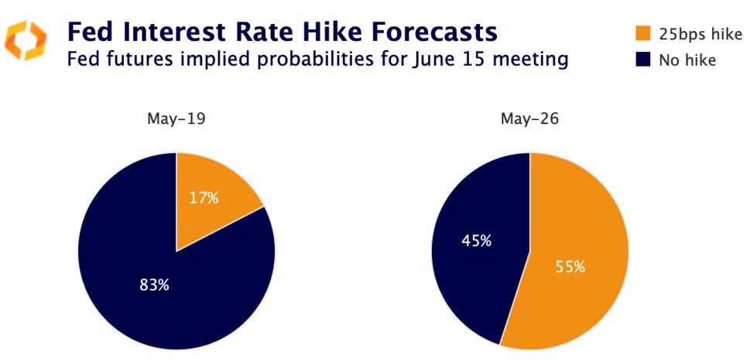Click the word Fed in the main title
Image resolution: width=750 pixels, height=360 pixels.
[88, 32]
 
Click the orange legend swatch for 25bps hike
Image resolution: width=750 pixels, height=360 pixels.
[642, 33]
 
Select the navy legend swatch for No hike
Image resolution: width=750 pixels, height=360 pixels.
[642, 60]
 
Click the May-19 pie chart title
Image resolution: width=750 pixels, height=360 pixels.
[176, 120]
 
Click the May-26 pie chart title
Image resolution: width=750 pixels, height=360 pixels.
[530, 120]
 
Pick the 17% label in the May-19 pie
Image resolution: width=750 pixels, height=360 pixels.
[204, 197]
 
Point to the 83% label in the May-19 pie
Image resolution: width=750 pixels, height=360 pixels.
[154, 285]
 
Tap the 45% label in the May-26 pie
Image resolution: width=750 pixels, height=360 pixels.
[476, 241]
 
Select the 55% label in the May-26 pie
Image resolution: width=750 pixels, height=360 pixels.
[570, 267]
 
